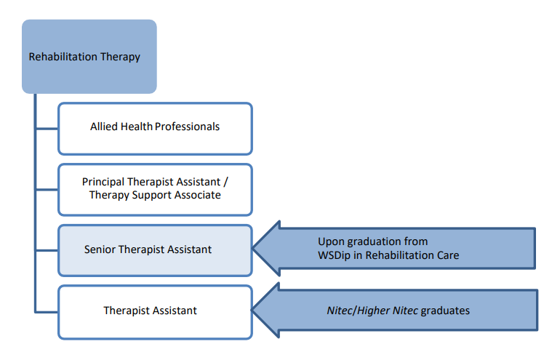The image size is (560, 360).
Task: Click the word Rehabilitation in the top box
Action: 63,57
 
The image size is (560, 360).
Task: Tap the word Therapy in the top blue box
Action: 120,57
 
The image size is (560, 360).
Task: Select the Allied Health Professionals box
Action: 156,129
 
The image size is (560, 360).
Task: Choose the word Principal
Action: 103,182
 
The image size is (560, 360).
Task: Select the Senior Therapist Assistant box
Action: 156,250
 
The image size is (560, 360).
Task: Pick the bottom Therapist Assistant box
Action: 156,312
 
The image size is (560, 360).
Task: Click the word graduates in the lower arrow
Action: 445,311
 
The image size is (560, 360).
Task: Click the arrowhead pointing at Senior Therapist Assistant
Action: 266,248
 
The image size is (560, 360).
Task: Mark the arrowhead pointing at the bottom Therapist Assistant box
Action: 265,310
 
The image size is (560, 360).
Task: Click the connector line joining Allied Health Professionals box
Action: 47,129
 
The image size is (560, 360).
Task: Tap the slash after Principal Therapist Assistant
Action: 225,182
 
